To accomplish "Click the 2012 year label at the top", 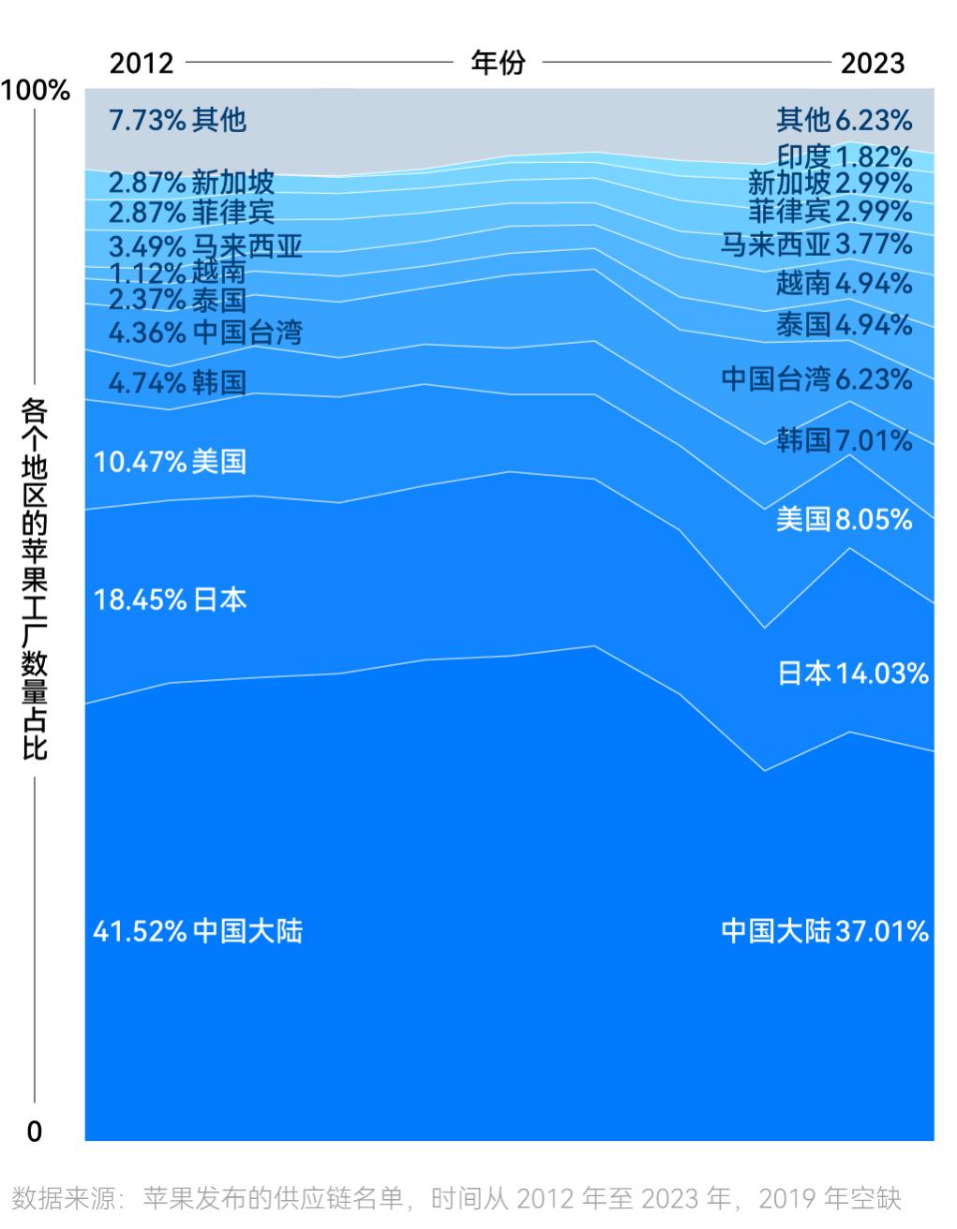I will pyautogui.click(x=142, y=63).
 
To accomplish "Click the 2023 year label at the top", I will pyautogui.click(x=872, y=63).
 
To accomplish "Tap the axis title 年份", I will pyautogui.click(x=498, y=63).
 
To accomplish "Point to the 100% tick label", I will pyautogui.click(x=37, y=91).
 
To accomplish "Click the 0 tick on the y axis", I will pyautogui.click(x=35, y=1132).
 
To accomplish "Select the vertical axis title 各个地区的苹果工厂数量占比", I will pyautogui.click(x=35, y=578).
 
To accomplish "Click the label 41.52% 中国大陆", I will pyautogui.click(x=198, y=931).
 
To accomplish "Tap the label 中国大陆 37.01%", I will pyautogui.click(x=825, y=931).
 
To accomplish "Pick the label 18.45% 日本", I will pyautogui.click(x=170, y=599).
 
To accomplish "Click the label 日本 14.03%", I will pyautogui.click(x=853, y=673).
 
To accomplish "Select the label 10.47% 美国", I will pyautogui.click(x=170, y=461).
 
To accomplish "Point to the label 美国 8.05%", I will pyautogui.click(x=844, y=519).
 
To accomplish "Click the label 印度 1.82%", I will pyautogui.click(x=844, y=155).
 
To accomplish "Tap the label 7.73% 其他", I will pyautogui.click(x=177, y=120).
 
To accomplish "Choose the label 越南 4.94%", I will pyautogui.click(x=844, y=282).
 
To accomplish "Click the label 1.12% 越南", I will pyautogui.click(x=177, y=273).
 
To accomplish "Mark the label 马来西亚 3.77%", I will pyautogui.click(x=815, y=244).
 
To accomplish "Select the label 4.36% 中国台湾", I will pyautogui.click(x=205, y=333).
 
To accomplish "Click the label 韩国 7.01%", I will pyautogui.click(x=844, y=439).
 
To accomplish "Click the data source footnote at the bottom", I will pyautogui.click(x=456, y=1198).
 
